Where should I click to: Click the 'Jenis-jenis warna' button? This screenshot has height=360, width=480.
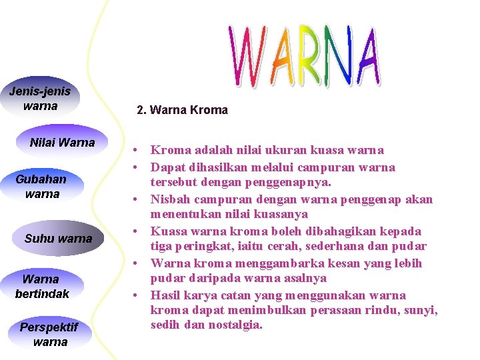40,99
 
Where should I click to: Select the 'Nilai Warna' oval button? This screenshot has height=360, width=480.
62,143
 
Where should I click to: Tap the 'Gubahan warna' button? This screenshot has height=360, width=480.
41,187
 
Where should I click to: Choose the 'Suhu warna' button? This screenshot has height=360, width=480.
58,239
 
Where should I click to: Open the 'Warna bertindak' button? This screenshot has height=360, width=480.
41,286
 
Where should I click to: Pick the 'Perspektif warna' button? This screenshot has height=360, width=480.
49,335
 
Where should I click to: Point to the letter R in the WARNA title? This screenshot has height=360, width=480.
313,56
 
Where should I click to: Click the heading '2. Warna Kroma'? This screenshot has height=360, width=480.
182,110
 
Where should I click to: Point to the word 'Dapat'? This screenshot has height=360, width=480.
167,167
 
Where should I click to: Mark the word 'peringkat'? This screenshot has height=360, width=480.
197,247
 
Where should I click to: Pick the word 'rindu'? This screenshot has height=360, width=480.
385,310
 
